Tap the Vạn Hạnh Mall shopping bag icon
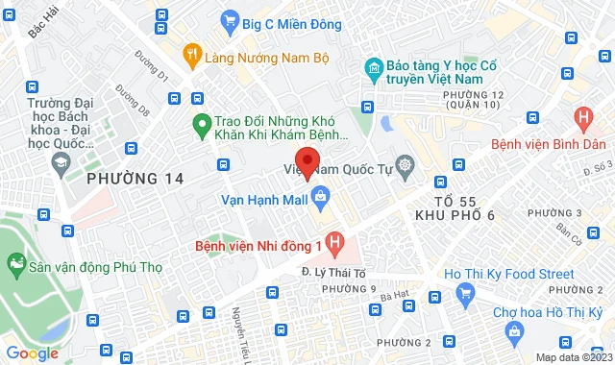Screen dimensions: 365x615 tap(320, 199)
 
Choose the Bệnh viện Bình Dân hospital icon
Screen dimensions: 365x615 tap(581, 119)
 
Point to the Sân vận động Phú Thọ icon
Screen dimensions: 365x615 tap(15, 261)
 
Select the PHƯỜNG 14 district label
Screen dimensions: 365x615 tap(134, 178)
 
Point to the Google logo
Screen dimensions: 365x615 tap(32, 353)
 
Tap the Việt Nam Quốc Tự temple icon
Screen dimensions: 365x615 tap(405, 166)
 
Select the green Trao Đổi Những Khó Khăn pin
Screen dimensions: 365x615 tap(202, 122)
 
